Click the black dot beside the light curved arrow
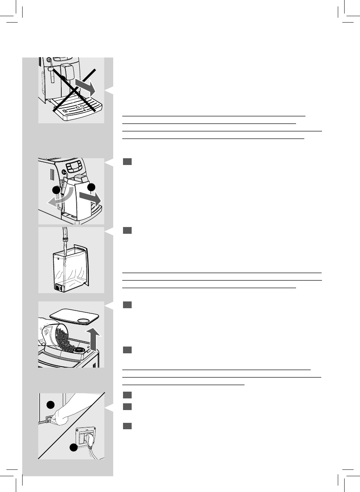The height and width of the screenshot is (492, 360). (x=56, y=190)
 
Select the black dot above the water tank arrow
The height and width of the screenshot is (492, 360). (x=90, y=187)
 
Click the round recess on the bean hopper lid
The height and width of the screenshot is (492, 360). (x=83, y=321)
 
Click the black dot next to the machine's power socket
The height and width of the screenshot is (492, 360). (x=50, y=404)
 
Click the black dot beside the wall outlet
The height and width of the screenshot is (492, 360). (x=73, y=447)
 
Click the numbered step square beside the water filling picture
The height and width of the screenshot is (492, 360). (x=127, y=230)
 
